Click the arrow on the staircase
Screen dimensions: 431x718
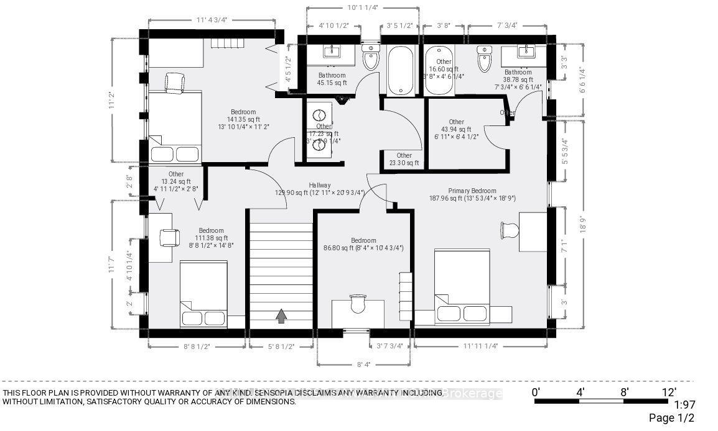pyautogui.click(x=281, y=316)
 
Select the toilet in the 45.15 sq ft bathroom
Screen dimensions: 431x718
pyautogui.click(x=371, y=58)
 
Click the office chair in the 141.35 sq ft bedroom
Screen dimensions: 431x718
pyautogui.click(x=175, y=81)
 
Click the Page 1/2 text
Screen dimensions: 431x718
pyautogui.click(x=671, y=418)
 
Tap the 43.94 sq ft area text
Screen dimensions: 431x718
pyautogui.click(x=456, y=130)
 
